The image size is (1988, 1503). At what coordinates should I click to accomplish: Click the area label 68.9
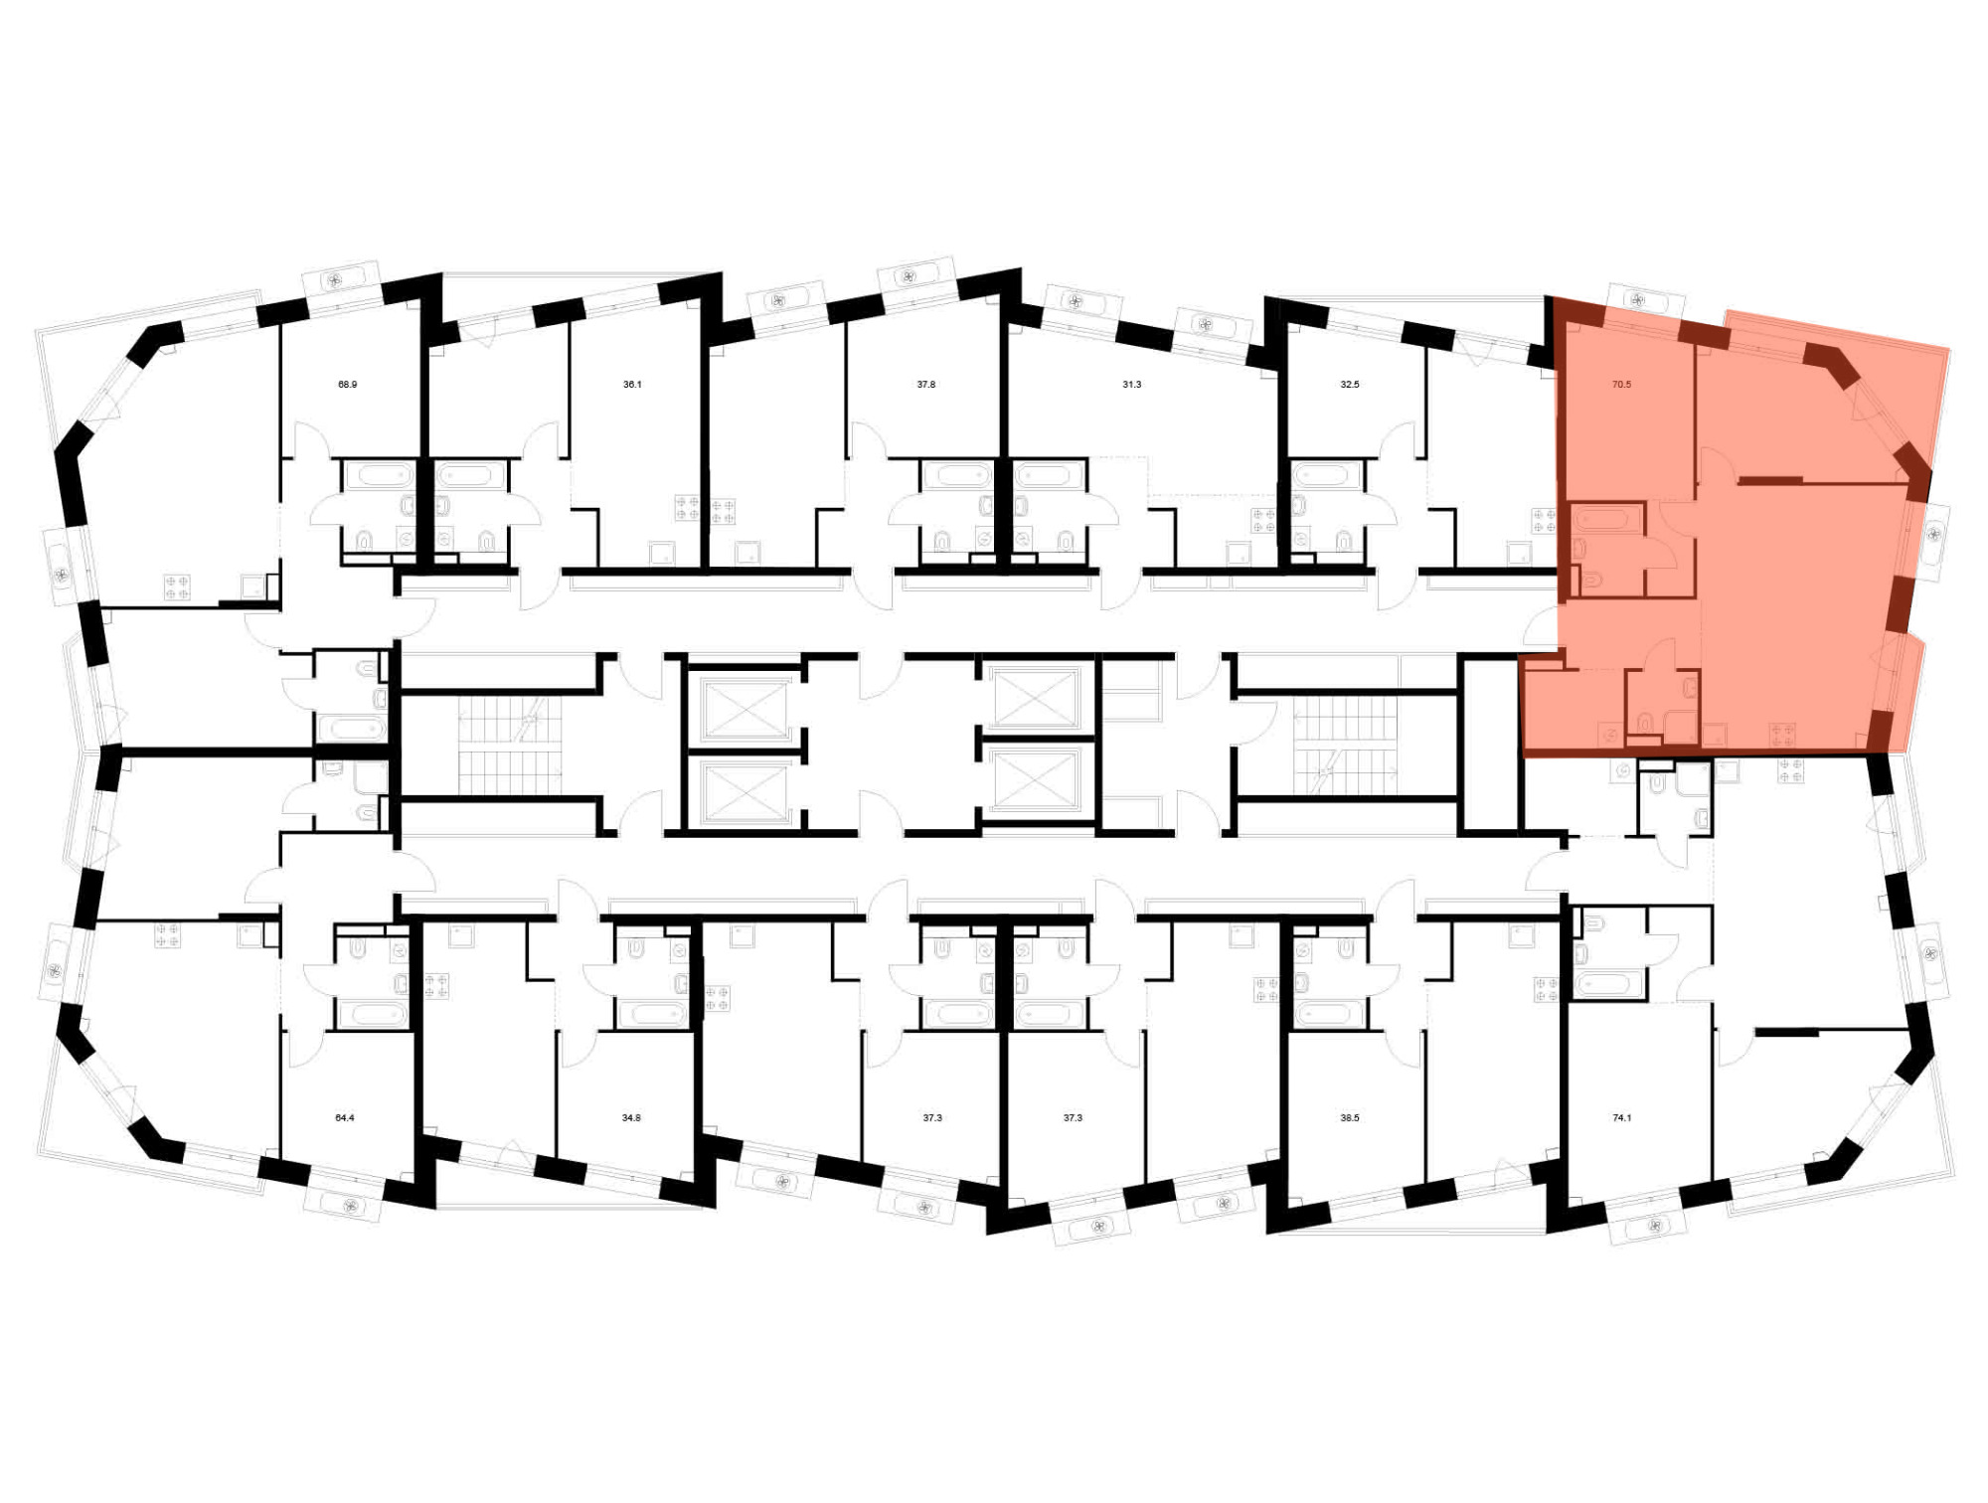pos(347,384)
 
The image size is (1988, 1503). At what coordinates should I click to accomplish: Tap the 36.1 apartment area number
pos(632,384)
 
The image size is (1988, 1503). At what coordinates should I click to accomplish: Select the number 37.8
pos(926,384)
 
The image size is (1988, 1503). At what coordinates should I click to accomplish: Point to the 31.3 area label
pos(1131,384)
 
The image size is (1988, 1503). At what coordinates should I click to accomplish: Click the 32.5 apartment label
pos(1350,384)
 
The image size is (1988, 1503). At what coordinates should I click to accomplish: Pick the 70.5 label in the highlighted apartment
pos(1621,384)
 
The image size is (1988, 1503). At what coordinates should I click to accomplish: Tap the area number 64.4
pos(344,1117)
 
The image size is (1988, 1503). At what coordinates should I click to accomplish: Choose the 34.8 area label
pos(631,1117)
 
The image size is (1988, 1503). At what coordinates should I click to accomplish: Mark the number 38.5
pos(1349,1117)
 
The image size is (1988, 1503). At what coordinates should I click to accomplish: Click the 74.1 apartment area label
pos(1621,1117)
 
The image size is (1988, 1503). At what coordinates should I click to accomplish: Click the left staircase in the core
pos(509,745)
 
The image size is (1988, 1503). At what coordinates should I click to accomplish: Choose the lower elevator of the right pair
pos(1035,778)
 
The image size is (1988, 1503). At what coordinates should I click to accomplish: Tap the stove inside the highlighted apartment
pos(1782,736)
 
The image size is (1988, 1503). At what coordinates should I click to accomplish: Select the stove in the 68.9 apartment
pos(177,586)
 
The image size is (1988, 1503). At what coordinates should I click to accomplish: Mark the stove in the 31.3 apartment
pos(1263,520)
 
